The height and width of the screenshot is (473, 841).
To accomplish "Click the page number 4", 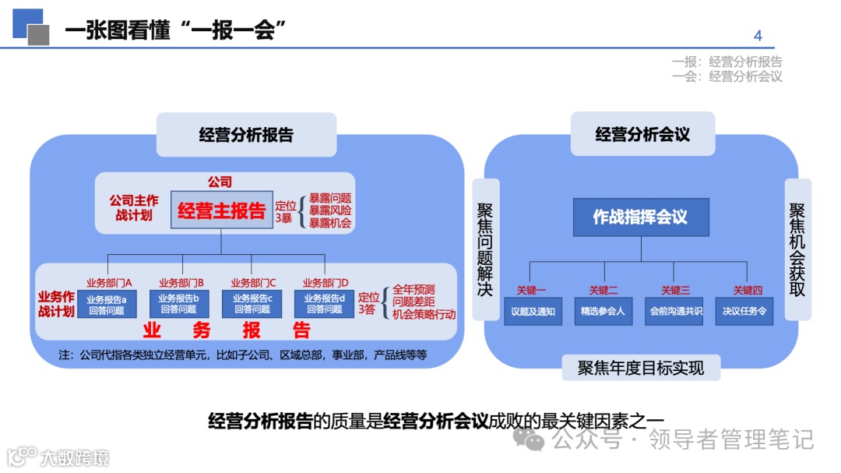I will point(758,36).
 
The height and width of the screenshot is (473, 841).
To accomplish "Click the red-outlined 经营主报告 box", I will point(222,210).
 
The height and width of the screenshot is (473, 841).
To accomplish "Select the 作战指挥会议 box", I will point(641,217).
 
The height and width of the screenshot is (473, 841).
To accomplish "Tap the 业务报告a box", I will point(107,303).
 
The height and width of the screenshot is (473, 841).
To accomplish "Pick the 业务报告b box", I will point(178,303).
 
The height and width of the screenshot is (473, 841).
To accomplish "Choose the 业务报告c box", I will point(252,303).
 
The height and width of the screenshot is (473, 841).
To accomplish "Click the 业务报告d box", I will point(324,303).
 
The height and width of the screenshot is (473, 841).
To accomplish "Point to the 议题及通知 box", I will point(533,311).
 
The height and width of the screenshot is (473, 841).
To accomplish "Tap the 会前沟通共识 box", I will point(675,311).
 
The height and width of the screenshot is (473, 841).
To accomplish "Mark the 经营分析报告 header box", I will point(246,135).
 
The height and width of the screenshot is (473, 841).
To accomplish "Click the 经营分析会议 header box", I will point(642,134).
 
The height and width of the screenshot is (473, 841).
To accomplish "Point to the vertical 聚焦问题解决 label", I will point(485,249).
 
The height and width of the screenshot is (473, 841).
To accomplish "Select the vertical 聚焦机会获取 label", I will point(797,249).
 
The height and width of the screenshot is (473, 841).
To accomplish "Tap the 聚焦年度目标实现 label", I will point(641,368).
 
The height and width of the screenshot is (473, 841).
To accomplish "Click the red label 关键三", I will point(675,291).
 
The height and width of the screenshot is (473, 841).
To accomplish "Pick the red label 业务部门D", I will point(325,282).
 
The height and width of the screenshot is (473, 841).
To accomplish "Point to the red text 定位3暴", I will point(286,212).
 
